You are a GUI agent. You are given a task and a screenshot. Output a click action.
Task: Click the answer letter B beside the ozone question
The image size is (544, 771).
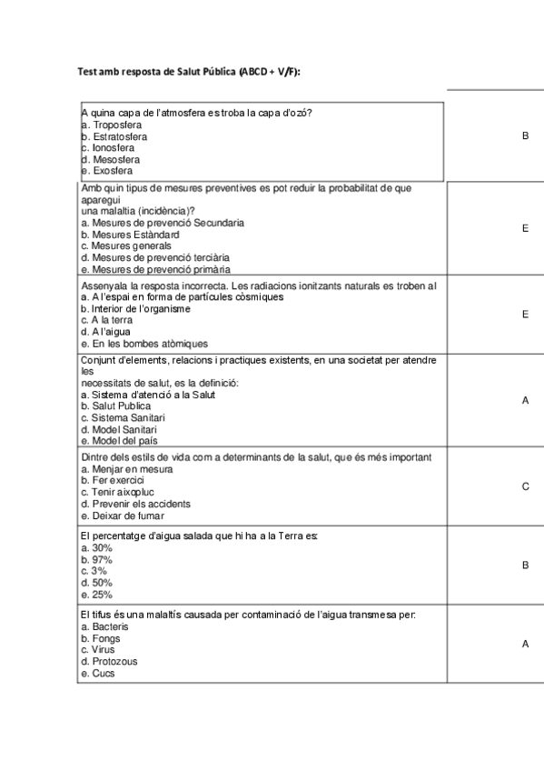click(x=525, y=135)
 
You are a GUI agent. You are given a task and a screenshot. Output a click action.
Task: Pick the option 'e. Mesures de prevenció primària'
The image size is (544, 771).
click(x=154, y=269)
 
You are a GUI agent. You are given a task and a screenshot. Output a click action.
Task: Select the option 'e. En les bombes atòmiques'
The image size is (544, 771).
click(x=144, y=344)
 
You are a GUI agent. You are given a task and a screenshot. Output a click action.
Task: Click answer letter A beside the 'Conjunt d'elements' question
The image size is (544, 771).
click(x=525, y=400)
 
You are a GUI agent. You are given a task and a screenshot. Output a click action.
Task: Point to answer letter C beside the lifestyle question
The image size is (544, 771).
click(x=525, y=486)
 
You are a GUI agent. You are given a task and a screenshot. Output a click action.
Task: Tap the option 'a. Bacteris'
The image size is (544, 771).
click(x=104, y=626)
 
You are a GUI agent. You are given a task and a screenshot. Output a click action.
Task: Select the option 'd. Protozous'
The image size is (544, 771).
click(x=108, y=661)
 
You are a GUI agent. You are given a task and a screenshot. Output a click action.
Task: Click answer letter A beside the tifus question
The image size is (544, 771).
click(x=525, y=644)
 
